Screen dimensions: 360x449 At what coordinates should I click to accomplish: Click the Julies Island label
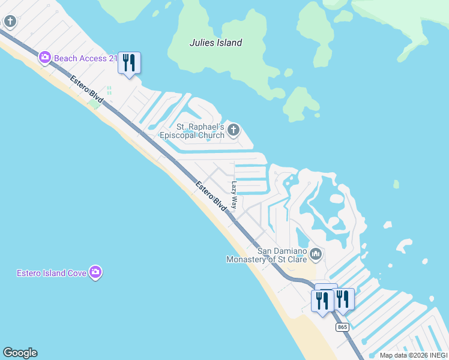click(x=215, y=43)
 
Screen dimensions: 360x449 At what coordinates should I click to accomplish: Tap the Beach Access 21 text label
click(x=85, y=58)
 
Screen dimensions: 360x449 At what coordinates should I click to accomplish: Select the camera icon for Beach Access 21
click(x=44, y=58)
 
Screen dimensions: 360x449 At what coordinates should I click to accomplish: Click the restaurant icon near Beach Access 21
click(x=129, y=62)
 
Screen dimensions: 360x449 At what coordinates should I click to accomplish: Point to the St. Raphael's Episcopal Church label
click(x=200, y=131)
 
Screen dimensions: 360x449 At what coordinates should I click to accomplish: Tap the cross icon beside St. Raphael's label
click(x=234, y=130)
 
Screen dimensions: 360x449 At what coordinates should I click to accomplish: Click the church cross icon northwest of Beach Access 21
click(x=10, y=22)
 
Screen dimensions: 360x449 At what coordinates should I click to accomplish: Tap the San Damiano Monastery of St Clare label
click(x=266, y=255)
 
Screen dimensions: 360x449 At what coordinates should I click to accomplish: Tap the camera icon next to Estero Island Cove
click(x=95, y=273)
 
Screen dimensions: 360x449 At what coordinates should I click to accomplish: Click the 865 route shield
click(x=342, y=327)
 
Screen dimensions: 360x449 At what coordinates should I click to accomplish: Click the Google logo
click(x=20, y=353)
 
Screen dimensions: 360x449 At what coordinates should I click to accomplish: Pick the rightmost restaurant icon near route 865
click(x=343, y=299)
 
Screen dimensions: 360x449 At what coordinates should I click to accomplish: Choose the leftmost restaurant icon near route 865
click(x=322, y=301)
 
